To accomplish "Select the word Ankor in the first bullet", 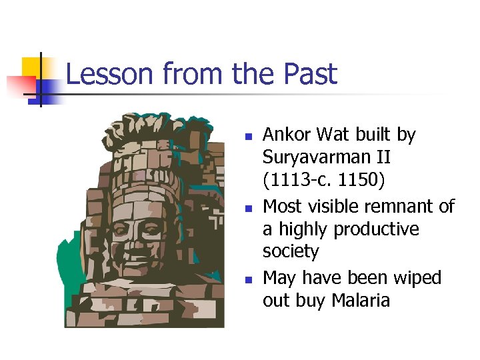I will [287, 135].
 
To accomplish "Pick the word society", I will [291, 252].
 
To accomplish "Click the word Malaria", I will [357, 301].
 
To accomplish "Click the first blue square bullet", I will [247, 137].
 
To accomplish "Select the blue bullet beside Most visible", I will [247, 208].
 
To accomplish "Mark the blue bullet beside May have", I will [247, 279].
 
